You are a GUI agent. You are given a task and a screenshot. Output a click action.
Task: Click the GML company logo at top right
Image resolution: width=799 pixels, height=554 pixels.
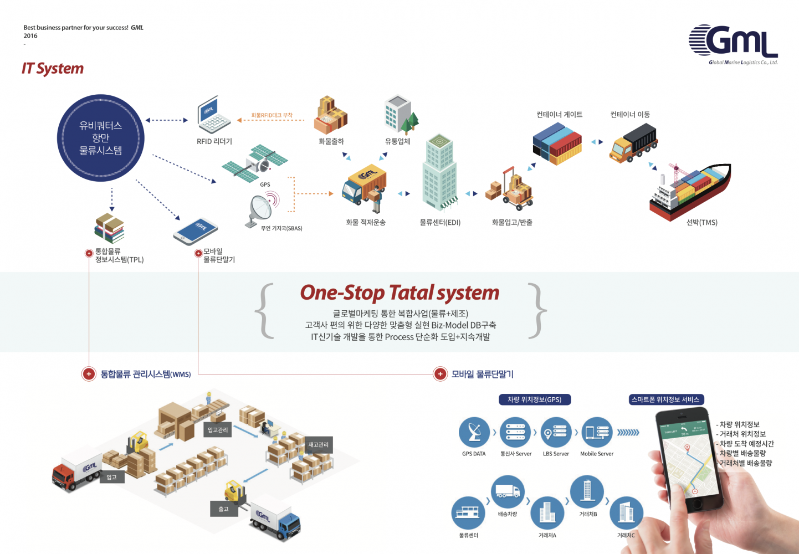tap(733, 43)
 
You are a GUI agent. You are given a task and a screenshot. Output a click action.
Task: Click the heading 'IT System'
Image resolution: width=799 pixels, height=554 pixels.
tap(53, 69)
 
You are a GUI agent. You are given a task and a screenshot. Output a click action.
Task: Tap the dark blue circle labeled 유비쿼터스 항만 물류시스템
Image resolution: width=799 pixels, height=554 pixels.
tap(101, 138)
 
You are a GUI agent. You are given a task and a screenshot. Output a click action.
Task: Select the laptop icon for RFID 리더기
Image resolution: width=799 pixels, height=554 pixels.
tap(213, 115)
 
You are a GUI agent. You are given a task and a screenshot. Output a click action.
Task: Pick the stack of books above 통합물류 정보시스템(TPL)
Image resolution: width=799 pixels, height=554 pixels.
tap(109, 228)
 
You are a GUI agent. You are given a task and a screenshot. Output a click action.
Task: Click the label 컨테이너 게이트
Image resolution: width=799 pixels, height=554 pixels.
tap(559, 115)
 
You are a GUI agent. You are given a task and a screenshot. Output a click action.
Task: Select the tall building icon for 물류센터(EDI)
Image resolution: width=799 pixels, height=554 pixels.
tap(440, 172)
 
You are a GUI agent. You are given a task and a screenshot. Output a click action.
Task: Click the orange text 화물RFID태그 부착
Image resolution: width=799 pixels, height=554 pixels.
tap(272, 115)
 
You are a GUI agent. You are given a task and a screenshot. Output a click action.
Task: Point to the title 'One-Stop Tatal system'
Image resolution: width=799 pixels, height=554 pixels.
tap(399, 293)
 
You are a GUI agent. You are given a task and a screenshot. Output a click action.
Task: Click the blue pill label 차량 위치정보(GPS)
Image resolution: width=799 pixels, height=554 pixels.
tap(535, 399)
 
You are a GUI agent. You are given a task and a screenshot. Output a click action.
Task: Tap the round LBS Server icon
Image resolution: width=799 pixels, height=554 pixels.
tap(556, 433)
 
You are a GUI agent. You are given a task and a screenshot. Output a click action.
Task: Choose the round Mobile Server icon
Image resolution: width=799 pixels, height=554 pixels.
tap(597, 433)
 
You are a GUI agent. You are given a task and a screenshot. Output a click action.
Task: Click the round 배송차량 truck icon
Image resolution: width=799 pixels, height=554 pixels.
tap(508, 491)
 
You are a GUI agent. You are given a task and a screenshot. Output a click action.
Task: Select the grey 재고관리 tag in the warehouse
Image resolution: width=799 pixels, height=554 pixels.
tap(318, 445)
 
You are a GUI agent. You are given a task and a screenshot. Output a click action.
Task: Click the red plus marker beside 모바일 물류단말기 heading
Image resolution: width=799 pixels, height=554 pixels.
tap(440, 374)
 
